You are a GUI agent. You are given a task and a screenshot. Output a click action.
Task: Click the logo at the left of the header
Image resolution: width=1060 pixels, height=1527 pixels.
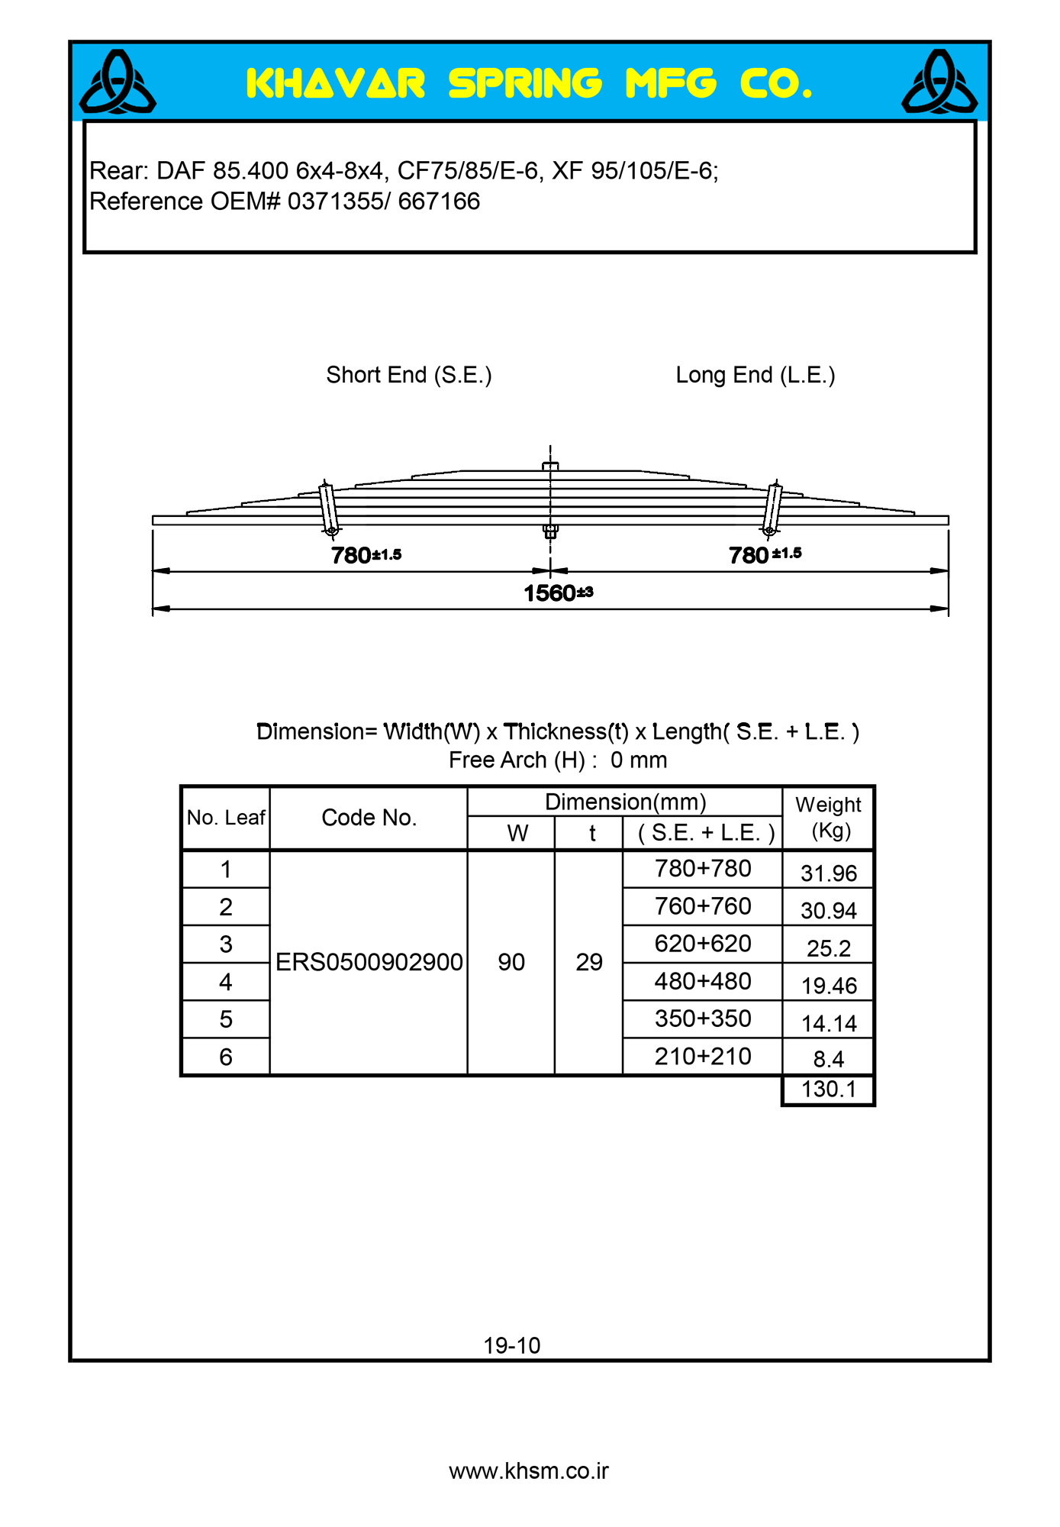pos(118,82)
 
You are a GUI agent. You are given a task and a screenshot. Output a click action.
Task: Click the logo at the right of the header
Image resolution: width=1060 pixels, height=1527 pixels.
pos(939,82)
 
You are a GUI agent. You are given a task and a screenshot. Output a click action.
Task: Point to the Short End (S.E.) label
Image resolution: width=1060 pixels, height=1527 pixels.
pos(409,375)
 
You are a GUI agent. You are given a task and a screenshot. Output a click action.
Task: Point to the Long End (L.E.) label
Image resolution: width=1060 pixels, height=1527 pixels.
pos(756,375)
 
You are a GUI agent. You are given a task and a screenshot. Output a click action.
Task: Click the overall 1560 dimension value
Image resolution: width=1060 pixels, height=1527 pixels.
pos(550,593)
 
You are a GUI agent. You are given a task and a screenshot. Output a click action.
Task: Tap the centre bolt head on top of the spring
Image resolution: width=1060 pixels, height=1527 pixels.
pos(550,466)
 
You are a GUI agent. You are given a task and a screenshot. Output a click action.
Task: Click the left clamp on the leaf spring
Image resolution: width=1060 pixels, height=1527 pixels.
pos(328,508)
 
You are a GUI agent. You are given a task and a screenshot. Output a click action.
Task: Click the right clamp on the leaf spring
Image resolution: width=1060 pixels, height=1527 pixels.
pos(772,508)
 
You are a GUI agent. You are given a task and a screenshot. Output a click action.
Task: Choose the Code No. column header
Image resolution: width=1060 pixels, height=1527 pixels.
pos(369,818)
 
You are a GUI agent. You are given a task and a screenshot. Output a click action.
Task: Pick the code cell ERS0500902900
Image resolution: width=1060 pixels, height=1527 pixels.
pos(369,962)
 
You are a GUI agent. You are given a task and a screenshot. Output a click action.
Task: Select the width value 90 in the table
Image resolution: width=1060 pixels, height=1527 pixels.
pos(511,962)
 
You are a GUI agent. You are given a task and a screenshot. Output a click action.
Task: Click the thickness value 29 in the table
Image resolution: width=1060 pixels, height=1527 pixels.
pos(589,962)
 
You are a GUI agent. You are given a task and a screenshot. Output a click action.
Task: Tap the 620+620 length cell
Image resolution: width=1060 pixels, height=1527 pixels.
pos(703,944)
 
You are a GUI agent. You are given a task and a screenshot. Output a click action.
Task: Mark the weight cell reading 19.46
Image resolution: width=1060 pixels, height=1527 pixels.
pos(829,986)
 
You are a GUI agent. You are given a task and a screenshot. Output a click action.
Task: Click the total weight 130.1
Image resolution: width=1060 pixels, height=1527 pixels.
pos(829,1090)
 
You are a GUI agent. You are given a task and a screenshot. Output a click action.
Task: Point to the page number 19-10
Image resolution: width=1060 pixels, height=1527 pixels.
pos(512,1345)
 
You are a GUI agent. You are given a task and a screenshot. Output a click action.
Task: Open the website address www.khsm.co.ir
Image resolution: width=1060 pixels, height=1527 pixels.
pos(529,1471)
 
